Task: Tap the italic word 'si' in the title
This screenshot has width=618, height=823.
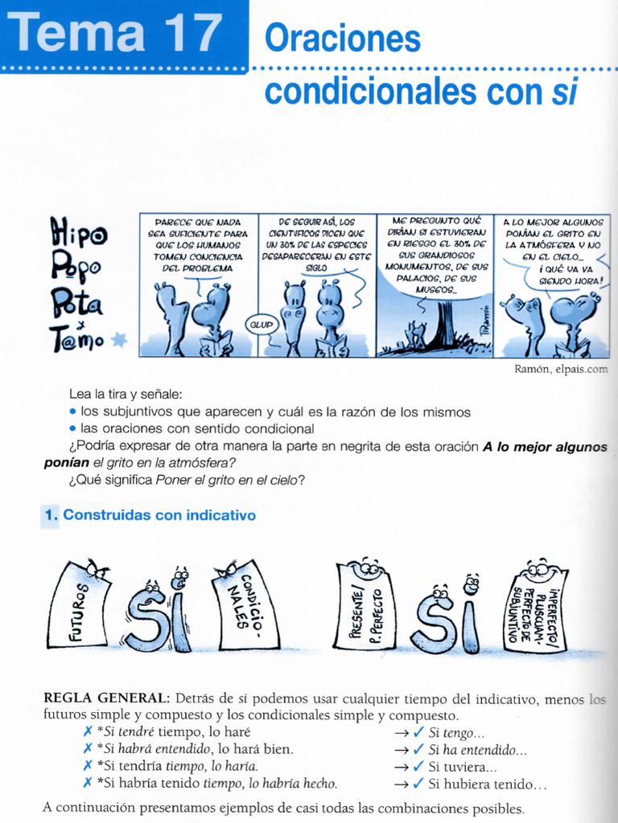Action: click(565, 92)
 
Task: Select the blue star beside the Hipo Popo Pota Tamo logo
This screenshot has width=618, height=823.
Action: click(119, 340)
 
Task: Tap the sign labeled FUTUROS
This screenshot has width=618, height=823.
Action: click(79, 604)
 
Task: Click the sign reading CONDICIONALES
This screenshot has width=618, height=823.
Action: click(245, 604)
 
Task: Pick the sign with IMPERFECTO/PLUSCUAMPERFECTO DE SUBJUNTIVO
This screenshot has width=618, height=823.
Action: click(536, 607)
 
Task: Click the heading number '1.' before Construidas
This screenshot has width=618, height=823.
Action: click(50, 515)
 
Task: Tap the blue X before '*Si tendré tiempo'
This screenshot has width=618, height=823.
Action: click(87, 732)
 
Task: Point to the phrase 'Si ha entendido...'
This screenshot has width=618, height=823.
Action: click(477, 750)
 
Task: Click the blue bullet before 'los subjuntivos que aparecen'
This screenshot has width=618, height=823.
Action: click(73, 412)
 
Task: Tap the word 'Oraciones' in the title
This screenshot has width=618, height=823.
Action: click(342, 38)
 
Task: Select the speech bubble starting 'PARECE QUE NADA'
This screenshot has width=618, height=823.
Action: click(197, 244)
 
